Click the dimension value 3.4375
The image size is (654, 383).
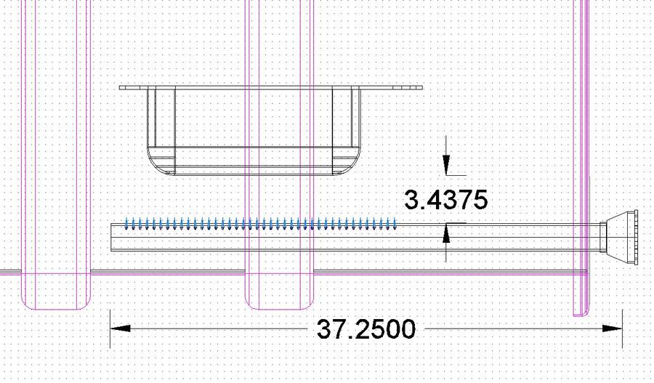pyautogui.click(x=445, y=199)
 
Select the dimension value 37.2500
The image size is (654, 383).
pyautogui.click(x=366, y=329)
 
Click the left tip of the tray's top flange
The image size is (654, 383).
pyautogui.click(x=121, y=87)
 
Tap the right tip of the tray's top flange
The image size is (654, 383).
pyautogui.click(x=422, y=87)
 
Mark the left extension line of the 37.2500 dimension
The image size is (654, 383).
pyautogui.click(x=110, y=320)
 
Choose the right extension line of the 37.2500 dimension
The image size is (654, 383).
pyautogui.click(x=623, y=320)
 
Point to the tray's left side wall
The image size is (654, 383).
pyautogui.click(x=150, y=116)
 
